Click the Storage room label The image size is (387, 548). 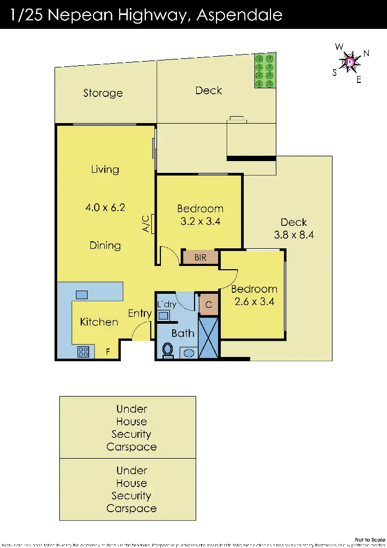(x=103, y=93)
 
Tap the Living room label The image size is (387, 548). (x=105, y=170)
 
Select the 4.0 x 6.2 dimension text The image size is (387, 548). (x=105, y=207)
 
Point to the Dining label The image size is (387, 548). (x=105, y=246)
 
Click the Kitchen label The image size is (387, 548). (x=99, y=322)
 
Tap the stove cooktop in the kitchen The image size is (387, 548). (x=83, y=352)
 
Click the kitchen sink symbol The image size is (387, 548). (x=82, y=294)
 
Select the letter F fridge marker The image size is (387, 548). (x=108, y=352)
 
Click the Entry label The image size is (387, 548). (x=140, y=314)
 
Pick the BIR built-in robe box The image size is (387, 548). (x=200, y=257)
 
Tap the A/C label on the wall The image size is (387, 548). (x=145, y=224)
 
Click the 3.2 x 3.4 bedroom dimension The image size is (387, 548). (x=200, y=221)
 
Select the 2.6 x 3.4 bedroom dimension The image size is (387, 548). (x=254, y=301)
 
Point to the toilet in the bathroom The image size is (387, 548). (x=168, y=350)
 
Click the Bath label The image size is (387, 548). (x=183, y=333)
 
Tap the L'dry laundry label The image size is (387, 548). (x=166, y=305)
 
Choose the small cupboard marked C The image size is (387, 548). (x=208, y=305)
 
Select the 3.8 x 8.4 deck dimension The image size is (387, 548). (x=293, y=234)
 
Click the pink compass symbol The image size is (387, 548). (x=351, y=63)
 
